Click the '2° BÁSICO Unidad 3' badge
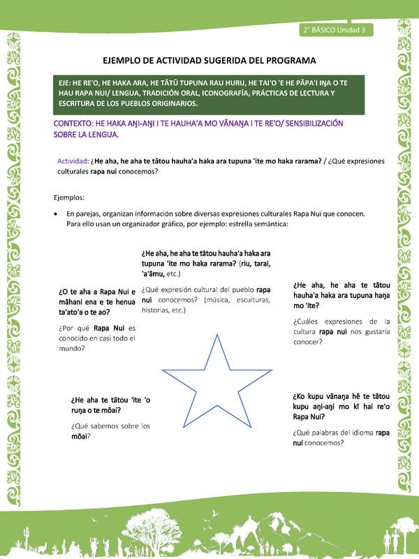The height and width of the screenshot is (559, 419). pyautogui.click(x=337, y=30)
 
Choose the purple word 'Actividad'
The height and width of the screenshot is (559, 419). pyautogui.click(x=72, y=161)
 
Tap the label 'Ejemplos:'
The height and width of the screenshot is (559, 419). pyautogui.click(x=69, y=197)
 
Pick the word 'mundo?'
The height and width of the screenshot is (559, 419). pyautogui.click(x=73, y=347)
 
